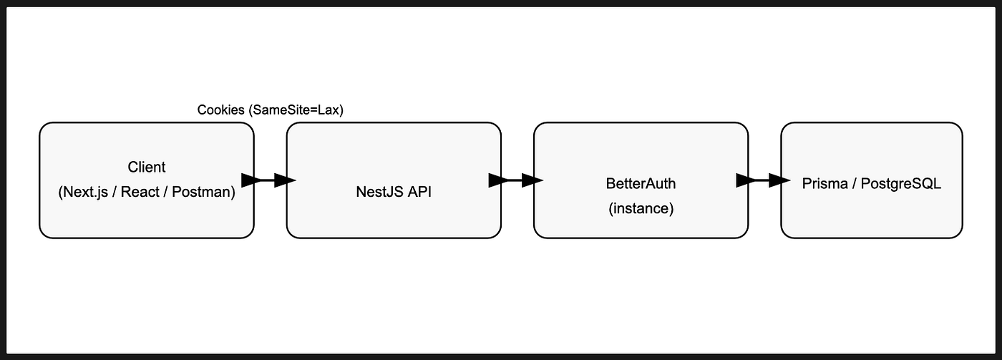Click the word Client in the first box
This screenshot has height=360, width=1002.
pyautogui.click(x=146, y=167)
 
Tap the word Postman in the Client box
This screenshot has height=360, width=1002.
pyautogui.click(x=203, y=192)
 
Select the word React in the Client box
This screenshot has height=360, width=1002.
pyautogui.click(x=140, y=192)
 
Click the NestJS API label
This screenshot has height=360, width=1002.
pyautogui.click(x=394, y=192)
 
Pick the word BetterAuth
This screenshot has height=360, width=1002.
pyautogui.click(x=641, y=184)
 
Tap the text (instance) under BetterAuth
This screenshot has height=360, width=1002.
pyautogui.click(x=641, y=208)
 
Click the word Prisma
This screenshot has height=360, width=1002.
pyautogui.click(x=825, y=184)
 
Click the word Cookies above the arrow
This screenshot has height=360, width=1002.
pyautogui.click(x=221, y=110)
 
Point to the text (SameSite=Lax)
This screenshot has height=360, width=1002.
pyautogui.click(x=296, y=110)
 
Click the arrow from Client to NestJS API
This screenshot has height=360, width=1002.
pyautogui.click(x=268, y=180)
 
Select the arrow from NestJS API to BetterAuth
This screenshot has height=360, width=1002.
pyautogui.click(x=516, y=180)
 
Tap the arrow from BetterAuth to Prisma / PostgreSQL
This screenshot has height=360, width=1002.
pyautogui.click(x=763, y=180)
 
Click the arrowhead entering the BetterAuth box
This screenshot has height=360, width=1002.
pyautogui.click(x=532, y=180)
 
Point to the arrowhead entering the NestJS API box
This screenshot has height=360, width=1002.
pyautogui.click(x=285, y=180)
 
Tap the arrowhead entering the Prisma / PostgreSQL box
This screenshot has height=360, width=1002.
pyautogui.click(x=779, y=180)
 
